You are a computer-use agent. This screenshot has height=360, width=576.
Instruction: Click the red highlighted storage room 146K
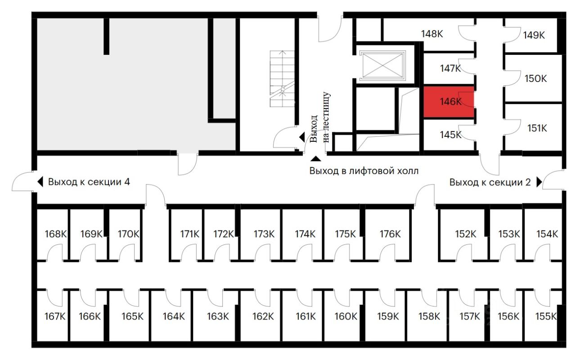point(448,102)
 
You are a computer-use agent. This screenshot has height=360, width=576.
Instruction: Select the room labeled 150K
point(535,79)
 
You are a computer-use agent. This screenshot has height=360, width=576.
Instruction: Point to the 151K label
point(537,128)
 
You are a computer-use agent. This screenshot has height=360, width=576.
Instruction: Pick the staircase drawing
point(282,79)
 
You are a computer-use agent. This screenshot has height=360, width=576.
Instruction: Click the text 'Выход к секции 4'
point(89,182)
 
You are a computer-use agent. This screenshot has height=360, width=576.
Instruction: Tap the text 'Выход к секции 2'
point(490,183)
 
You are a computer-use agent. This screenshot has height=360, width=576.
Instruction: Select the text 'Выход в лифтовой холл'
point(364,171)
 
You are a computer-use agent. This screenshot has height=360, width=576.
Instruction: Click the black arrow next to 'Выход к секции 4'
point(40,182)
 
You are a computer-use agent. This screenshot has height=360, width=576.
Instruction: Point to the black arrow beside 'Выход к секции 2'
point(539,182)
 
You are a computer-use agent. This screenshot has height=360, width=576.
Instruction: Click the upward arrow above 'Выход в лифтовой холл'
point(316,158)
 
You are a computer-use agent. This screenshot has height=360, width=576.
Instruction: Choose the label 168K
point(55,234)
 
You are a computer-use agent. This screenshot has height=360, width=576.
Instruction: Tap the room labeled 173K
point(264,234)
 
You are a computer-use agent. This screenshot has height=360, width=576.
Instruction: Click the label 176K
point(390,234)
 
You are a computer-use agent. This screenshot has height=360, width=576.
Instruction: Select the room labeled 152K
point(465,234)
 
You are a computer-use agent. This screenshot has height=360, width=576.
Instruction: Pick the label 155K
point(546,316)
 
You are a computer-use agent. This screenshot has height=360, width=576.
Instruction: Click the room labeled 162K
point(263,316)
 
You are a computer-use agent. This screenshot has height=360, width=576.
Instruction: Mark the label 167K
point(55,316)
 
